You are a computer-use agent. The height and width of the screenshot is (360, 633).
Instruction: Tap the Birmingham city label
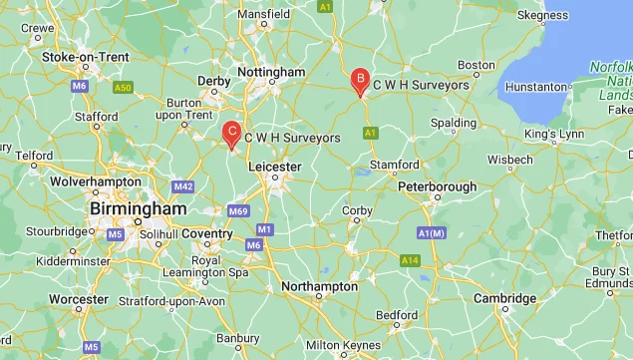click(138, 210)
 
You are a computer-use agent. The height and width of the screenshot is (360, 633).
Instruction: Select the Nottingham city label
click(272, 73)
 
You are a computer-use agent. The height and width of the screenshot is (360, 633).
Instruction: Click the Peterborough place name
click(437, 186)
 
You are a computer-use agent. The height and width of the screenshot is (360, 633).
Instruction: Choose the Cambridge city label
click(505, 298)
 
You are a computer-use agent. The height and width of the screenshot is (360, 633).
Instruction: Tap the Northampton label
click(320, 286)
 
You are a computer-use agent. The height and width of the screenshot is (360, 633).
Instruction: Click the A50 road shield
click(123, 88)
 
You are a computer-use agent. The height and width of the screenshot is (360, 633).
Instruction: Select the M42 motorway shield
click(182, 186)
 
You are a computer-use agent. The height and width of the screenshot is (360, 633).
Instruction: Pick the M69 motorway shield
click(237, 210)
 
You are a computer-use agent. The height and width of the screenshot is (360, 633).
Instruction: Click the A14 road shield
click(410, 260)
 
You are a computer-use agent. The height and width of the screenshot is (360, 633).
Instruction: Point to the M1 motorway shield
click(264, 229)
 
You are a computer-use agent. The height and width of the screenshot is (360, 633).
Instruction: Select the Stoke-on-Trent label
click(86, 57)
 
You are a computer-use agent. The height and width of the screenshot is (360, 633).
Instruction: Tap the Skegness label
click(542, 15)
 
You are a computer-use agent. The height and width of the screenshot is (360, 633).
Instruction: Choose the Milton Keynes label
click(344, 345)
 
